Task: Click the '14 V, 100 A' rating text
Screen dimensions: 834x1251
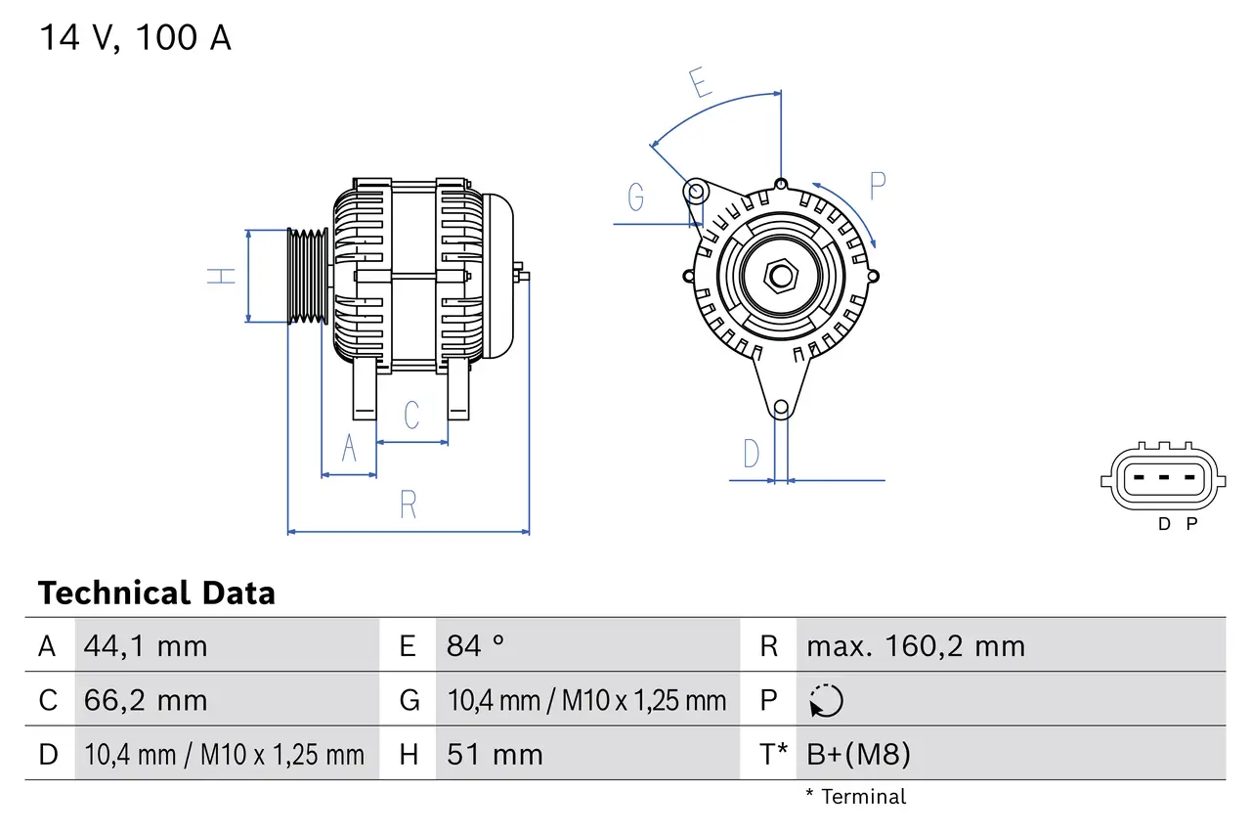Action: click(135, 38)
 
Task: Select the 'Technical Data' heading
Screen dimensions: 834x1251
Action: click(156, 593)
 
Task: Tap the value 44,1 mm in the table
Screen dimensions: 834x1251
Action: click(146, 645)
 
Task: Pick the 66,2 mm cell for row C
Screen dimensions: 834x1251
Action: click(146, 700)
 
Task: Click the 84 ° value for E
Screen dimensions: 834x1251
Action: click(476, 645)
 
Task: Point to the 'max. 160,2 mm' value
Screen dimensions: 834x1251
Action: click(916, 645)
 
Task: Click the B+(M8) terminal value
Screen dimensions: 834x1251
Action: click(858, 754)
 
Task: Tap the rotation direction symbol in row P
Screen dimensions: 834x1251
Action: click(826, 700)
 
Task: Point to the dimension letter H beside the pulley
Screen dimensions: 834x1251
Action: click(223, 276)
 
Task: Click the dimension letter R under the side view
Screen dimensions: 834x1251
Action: click(409, 505)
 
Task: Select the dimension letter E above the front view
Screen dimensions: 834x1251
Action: click(700, 84)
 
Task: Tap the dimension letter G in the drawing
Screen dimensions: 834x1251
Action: click(636, 198)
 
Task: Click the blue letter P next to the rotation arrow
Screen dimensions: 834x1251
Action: click(877, 185)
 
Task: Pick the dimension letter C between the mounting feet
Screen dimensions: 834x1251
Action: click(411, 415)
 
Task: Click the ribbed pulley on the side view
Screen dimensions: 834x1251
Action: click(307, 276)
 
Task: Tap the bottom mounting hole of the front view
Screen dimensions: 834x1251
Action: click(780, 408)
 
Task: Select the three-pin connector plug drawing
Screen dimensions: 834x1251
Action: click(1161, 478)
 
